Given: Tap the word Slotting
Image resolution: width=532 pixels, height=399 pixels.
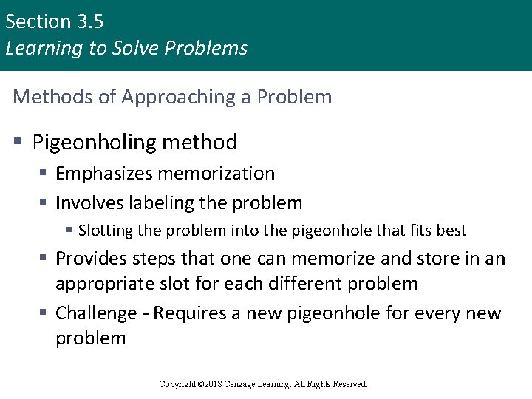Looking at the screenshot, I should [x=103, y=231].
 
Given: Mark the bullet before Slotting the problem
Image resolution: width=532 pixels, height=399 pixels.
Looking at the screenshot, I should [x=69, y=231].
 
